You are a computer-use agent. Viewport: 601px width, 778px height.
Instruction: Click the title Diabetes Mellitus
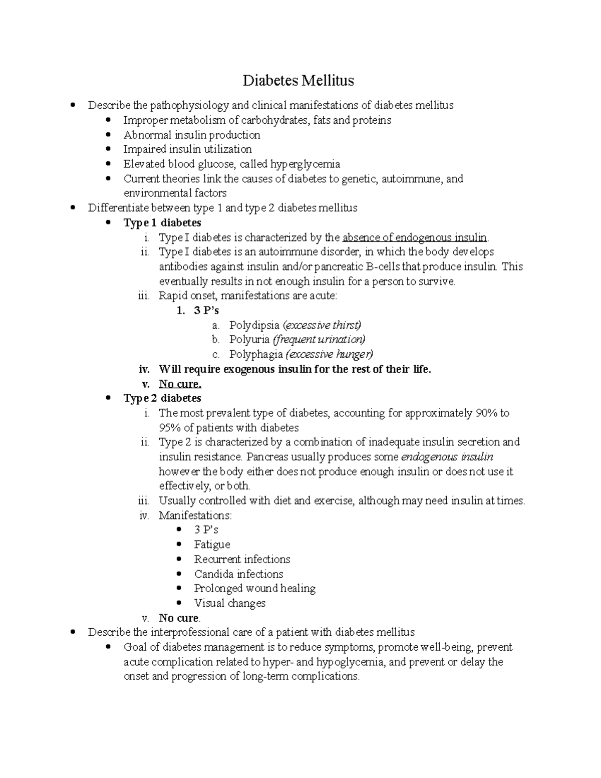298,80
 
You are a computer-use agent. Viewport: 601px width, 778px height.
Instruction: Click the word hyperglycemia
306,164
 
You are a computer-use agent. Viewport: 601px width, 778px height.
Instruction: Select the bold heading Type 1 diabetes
162,222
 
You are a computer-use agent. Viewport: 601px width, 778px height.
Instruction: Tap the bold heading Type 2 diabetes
162,398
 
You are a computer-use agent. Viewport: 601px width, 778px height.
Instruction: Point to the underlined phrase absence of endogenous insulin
414,237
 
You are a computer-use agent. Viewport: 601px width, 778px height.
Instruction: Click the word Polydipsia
254,325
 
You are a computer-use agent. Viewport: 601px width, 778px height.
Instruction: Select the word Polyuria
249,340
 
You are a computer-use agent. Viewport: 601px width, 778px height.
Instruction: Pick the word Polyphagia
256,354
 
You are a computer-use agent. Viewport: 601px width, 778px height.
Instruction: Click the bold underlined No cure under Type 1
180,384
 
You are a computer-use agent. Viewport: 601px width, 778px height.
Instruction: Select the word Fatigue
212,545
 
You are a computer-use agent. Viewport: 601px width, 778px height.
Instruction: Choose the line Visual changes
230,603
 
